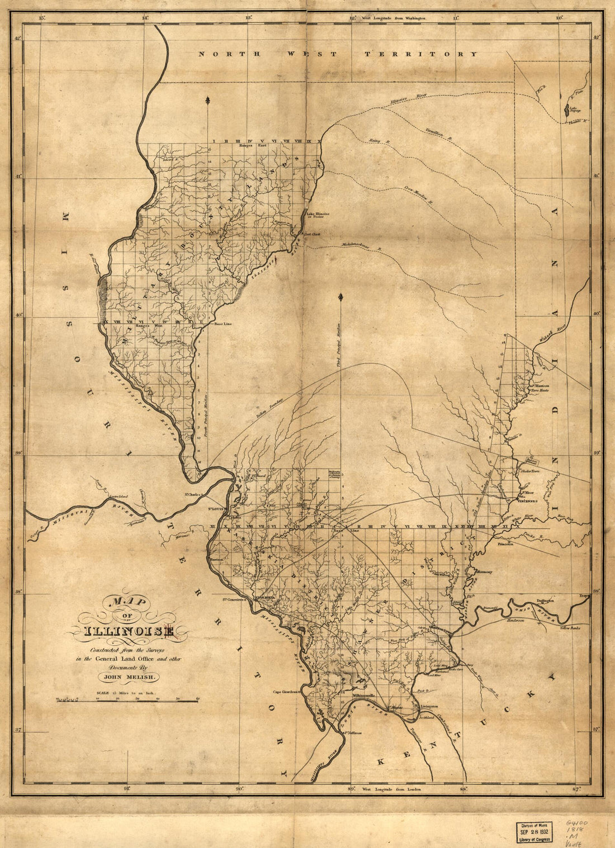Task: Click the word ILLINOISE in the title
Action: (129, 632)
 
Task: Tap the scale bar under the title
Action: (127, 699)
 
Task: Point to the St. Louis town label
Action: (217, 509)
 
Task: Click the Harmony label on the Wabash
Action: (484, 572)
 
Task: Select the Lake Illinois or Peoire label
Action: (318, 215)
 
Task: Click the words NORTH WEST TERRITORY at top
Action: (338, 54)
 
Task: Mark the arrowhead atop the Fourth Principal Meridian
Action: (208, 100)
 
